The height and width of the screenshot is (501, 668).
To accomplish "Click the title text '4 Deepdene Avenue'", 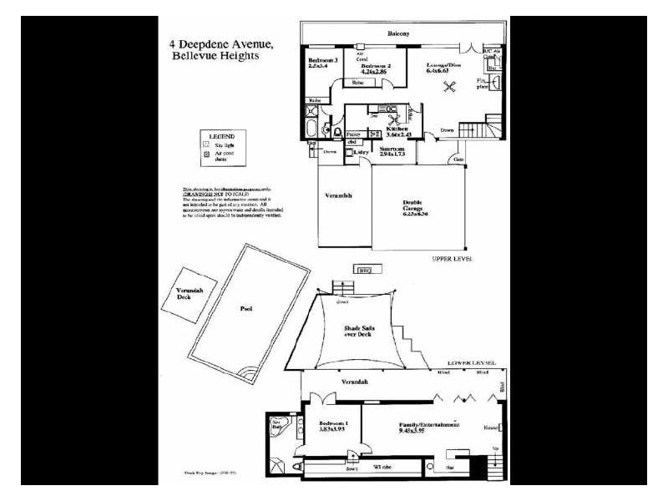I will [225, 43].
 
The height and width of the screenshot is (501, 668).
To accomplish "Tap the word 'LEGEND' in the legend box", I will [222, 135].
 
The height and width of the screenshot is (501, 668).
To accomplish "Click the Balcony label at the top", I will [398, 33].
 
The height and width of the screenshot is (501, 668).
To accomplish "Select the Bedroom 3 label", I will [323, 61].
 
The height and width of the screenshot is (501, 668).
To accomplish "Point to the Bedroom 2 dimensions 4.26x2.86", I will [376, 73].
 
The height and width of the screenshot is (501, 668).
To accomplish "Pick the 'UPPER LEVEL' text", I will [453, 260].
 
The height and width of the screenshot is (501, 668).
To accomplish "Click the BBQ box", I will [363, 270].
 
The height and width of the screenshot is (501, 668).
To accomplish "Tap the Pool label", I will [246, 309].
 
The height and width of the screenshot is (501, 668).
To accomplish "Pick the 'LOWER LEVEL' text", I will [471, 365].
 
